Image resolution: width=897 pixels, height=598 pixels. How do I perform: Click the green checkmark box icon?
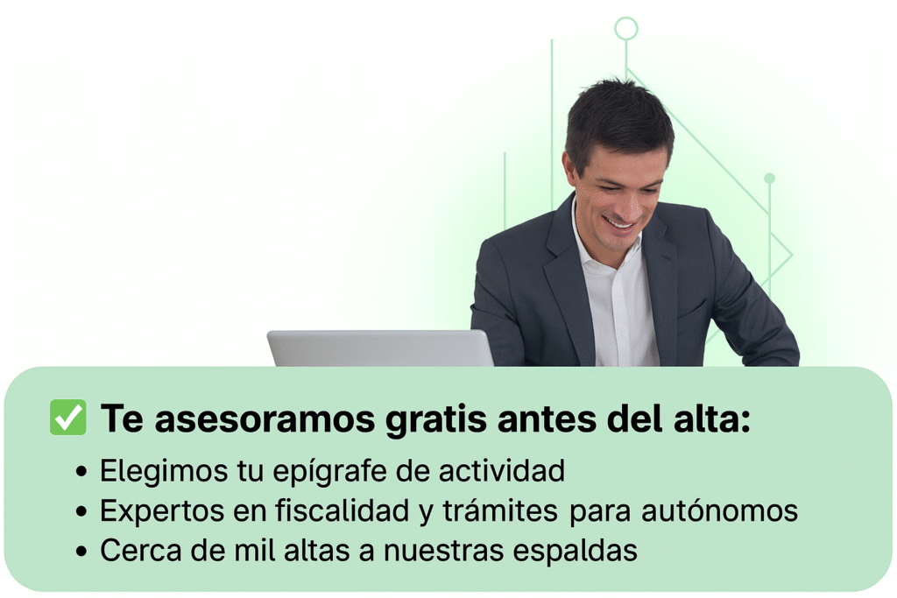(68, 418)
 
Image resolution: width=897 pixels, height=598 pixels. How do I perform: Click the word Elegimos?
(154, 470)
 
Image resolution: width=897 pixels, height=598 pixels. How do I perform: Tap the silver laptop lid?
(380, 348)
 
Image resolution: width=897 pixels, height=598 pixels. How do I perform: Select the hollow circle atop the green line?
(625, 29)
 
